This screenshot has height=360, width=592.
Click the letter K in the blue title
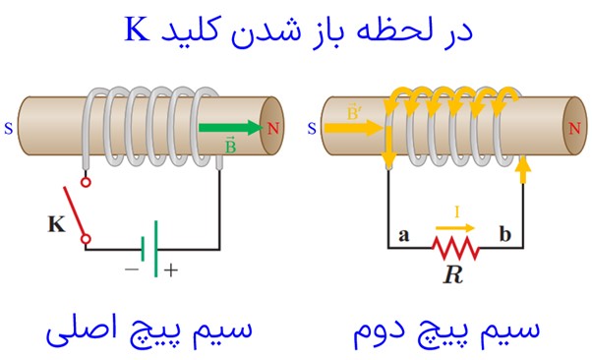pyautogui.click(x=137, y=30)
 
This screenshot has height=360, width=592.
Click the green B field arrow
pyautogui.click(x=230, y=128)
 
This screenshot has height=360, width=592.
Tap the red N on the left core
pyautogui.click(x=273, y=129)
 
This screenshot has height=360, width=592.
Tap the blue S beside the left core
pyautogui.click(x=8, y=129)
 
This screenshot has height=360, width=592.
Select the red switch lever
pyautogui.click(x=74, y=210)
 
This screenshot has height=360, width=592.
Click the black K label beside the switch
pyautogui.click(x=56, y=224)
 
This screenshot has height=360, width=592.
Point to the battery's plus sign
pyautogui.click(x=171, y=270)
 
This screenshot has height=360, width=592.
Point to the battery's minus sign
pyautogui.click(x=132, y=270)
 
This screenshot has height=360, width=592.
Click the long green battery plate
pyautogui.click(x=155, y=249)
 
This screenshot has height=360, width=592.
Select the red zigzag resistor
pyautogui.click(x=455, y=248)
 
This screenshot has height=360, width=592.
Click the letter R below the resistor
pyautogui.click(x=453, y=274)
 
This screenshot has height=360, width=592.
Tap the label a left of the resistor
pyautogui.click(x=403, y=235)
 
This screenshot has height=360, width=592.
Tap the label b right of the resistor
pyautogui.click(x=505, y=234)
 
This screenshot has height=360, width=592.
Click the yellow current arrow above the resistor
pyautogui.click(x=455, y=228)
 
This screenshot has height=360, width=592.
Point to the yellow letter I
pyautogui.click(x=457, y=211)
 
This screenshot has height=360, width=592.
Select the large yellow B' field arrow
pyautogui.click(x=354, y=128)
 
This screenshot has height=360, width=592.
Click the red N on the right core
pyautogui.click(x=574, y=129)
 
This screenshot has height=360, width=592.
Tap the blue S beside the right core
pyautogui.click(x=312, y=129)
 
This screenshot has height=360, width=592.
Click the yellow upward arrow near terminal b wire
pyautogui.click(x=523, y=171)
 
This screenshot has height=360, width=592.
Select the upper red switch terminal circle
pyautogui.click(x=87, y=182)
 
